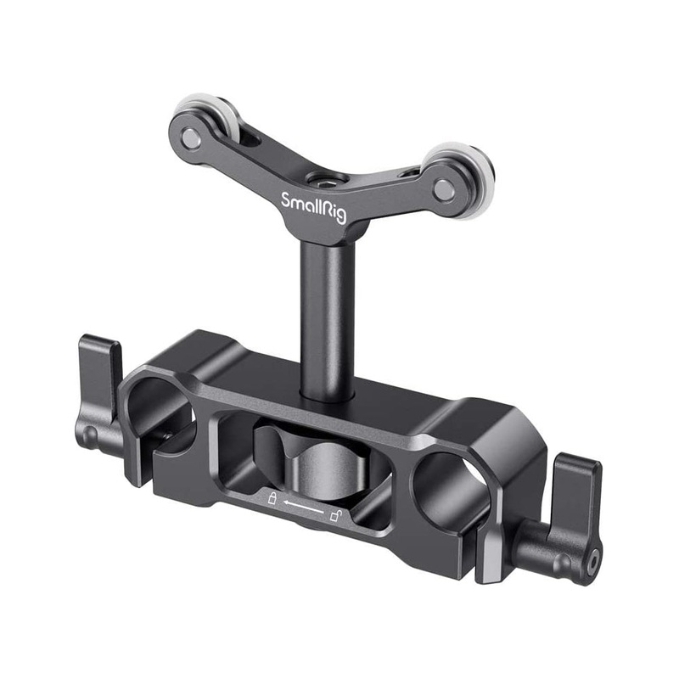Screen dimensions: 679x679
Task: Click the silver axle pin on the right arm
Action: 443,190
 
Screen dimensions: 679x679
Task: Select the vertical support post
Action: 325,323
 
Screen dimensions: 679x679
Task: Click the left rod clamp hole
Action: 160,407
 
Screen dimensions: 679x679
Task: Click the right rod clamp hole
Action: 450,484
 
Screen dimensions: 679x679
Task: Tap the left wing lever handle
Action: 100,373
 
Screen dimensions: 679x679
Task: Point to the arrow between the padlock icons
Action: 304,508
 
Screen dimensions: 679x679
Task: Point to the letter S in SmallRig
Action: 285,200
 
